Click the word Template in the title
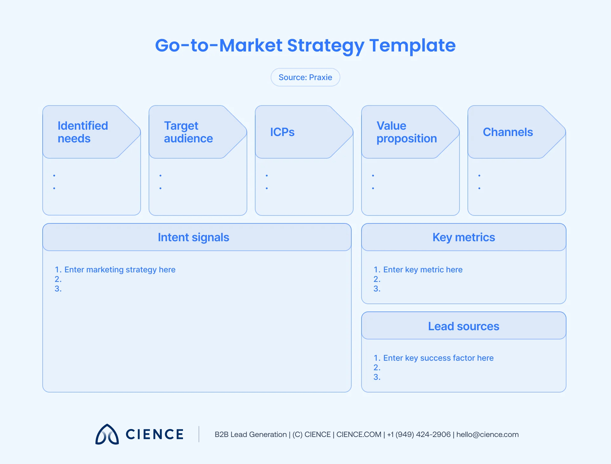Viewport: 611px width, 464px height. pyautogui.click(x=412, y=45)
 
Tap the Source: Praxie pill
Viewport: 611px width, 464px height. pyautogui.click(x=305, y=77)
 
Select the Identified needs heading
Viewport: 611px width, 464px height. pyautogui.click(x=83, y=132)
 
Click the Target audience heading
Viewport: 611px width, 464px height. pyautogui.click(x=188, y=132)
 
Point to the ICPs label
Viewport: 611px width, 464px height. pyautogui.click(x=282, y=132)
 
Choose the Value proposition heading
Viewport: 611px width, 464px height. pyautogui.click(x=406, y=132)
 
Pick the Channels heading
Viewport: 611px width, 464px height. pyautogui.click(x=508, y=132)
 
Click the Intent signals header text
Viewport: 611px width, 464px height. pyautogui.click(x=193, y=237)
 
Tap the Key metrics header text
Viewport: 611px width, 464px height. pyautogui.click(x=464, y=237)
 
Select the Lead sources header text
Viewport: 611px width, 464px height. pyautogui.click(x=464, y=326)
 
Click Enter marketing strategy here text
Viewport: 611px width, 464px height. pyautogui.click(x=120, y=270)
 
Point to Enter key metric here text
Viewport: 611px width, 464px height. pyautogui.click(x=423, y=270)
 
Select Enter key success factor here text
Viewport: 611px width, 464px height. pyautogui.click(x=438, y=358)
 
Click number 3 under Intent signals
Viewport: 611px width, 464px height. pyautogui.click(x=58, y=289)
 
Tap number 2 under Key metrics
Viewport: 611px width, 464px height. pyautogui.click(x=377, y=279)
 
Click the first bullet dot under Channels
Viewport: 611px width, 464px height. pyautogui.click(x=479, y=175)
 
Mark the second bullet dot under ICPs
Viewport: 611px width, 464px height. pyautogui.click(x=267, y=188)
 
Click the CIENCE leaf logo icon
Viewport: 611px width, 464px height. pyautogui.click(x=107, y=434)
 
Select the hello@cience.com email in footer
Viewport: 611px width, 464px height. pyautogui.click(x=487, y=434)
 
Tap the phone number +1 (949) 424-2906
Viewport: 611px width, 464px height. pyautogui.click(x=419, y=434)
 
